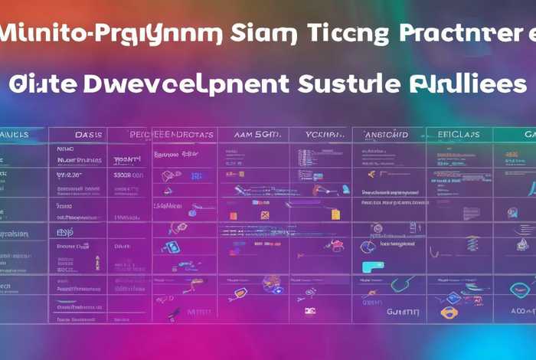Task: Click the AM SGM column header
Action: (x=253, y=134)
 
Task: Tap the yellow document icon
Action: (x=265, y=216)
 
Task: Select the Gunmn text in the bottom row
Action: (x=404, y=312)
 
